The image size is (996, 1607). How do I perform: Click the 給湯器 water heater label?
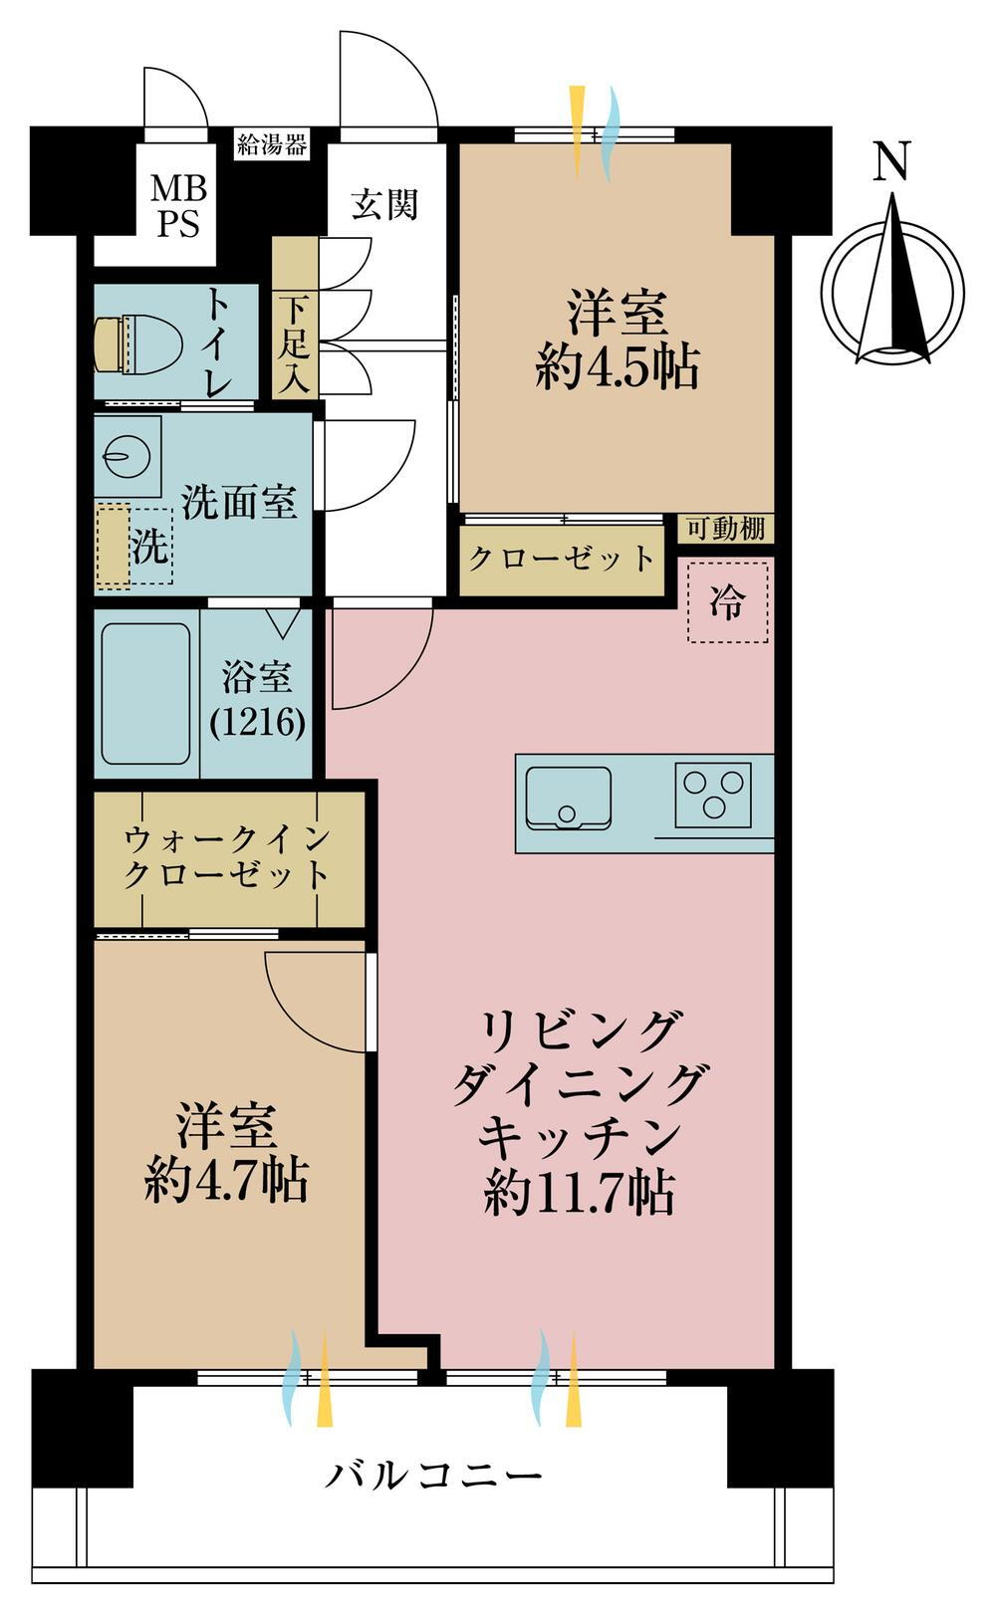[272, 145]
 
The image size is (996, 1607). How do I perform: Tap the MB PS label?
[178, 207]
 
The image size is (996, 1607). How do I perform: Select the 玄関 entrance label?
[383, 204]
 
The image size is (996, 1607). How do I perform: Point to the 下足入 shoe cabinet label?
[294, 345]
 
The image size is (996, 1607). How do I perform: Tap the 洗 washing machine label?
[149, 547]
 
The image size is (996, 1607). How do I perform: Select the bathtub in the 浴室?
[145, 694]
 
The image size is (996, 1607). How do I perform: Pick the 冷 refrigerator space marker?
[728, 602]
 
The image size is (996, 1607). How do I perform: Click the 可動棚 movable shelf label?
[725, 530]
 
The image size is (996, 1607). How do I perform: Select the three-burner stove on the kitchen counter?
[713, 795]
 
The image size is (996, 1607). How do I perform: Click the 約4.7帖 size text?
[227, 1181]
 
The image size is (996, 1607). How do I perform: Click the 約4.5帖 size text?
[618, 368]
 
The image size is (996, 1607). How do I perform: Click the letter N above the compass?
[892, 161]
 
